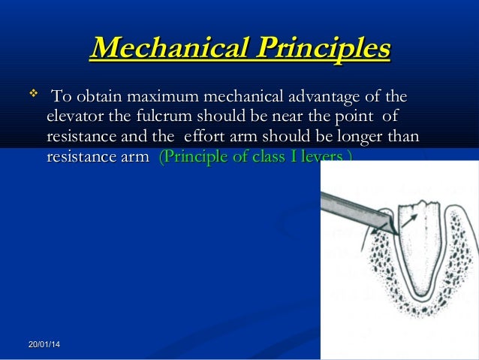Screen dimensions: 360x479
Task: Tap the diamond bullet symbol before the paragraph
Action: click(32, 95)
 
